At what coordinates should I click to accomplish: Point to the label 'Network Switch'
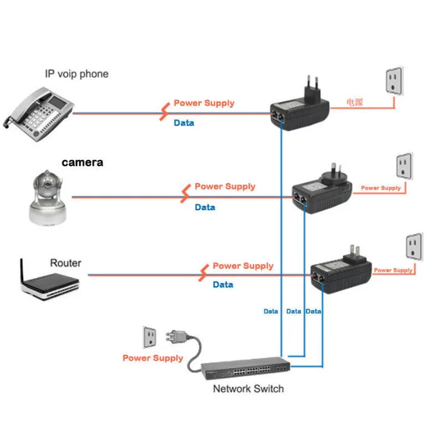248,389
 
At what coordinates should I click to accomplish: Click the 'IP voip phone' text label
76,74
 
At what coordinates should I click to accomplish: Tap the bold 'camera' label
82,162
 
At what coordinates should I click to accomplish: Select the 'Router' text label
65,262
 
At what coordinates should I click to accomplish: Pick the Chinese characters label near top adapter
355,102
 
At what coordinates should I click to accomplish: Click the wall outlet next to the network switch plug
150,337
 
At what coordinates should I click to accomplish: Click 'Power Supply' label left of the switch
153,358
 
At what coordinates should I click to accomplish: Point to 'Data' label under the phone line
184,123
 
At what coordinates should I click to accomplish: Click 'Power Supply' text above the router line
243,266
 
